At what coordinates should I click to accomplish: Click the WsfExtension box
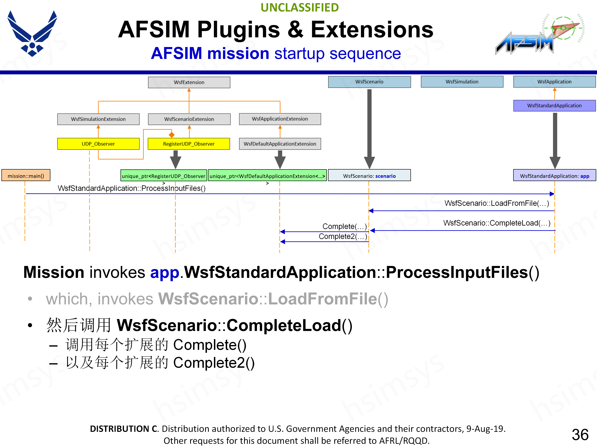[189, 82]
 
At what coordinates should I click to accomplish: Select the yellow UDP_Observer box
[98, 144]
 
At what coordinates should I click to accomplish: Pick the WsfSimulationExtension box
[98, 119]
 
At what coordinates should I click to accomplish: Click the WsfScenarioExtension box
[189, 119]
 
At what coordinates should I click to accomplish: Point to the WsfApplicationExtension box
[280, 119]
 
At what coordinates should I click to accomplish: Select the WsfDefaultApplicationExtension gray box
[280, 144]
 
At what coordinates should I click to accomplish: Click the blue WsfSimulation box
[462, 82]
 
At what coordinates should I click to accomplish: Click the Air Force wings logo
[32, 33]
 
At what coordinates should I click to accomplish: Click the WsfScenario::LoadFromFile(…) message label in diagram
[497, 203]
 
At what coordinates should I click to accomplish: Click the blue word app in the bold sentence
[165, 273]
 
